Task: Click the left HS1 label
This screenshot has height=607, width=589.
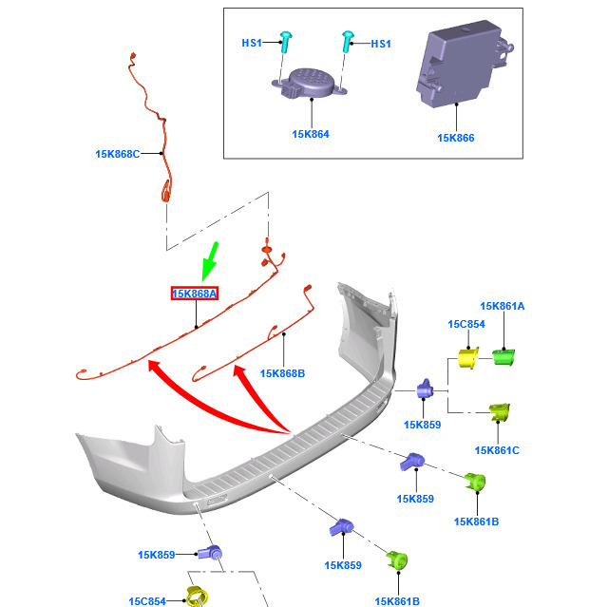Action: pyautogui.click(x=252, y=43)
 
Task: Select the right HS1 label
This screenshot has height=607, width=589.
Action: pyautogui.click(x=380, y=44)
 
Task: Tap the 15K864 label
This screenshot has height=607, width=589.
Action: pyautogui.click(x=311, y=134)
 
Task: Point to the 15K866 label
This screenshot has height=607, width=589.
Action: pyautogui.click(x=456, y=138)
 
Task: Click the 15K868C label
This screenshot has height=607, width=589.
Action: pyautogui.click(x=118, y=153)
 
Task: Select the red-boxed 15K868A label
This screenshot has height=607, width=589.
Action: pyautogui.click(x=195, y=294)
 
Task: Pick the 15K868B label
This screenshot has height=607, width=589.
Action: pyautogui.click(x=282, y=373)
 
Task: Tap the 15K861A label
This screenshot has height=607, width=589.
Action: pyautogui.click(x=503, y=306)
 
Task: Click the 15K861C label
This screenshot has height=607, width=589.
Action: pyautogui.click(x=497, y=449)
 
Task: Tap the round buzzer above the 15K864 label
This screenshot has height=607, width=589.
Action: pyautogui.click(x=309, y=84)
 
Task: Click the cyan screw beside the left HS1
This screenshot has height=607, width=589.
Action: pyautogui.click(x=284, y=40)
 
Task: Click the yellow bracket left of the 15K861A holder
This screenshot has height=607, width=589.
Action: pyautogui.click(x=468, y=359)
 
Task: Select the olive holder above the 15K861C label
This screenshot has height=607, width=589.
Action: pyautogui.click(x=500, y=414)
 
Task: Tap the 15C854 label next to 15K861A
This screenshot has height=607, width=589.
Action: pyautogui.click(x=466, y=324)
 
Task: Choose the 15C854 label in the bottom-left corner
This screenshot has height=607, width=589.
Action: pyautogui.click(x=147, y=600)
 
